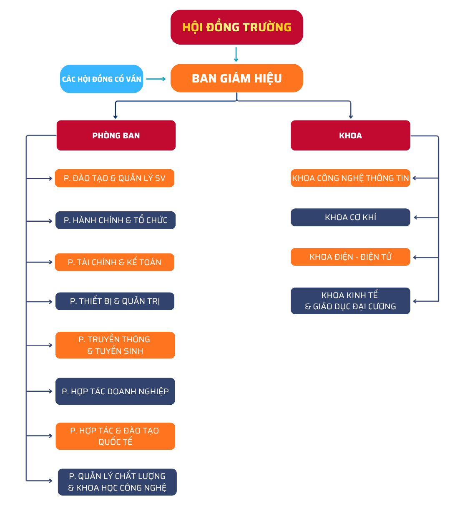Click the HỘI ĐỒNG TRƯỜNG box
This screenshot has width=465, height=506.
click(236, 27)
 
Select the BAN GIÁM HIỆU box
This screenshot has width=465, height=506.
click(236, 78)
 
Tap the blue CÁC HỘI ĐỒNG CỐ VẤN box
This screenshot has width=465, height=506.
click(102, 79)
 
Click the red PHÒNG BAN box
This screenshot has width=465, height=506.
click(116, 135)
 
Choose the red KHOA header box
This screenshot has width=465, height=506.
click(350, 135)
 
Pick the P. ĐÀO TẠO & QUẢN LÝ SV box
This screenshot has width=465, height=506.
click(115, 178)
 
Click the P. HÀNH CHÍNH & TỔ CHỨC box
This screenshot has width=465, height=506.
click(116, 220)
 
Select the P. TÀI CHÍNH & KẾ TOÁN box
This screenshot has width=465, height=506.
click(115, 262)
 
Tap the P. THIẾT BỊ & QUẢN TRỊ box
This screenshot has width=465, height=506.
click(115, 301)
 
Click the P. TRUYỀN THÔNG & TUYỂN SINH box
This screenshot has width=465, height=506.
click(115, 345)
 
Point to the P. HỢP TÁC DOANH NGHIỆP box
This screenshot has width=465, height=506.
click(115, 391)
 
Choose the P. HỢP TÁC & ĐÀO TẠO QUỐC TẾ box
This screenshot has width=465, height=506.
click(115, 436)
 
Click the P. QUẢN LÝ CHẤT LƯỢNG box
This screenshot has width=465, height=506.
click(117, 482)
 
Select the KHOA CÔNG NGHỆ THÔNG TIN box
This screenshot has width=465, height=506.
click(350, 178)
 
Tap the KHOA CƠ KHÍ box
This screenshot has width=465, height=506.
click(350, 217)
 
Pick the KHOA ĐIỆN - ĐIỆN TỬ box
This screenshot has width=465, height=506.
click(350, 257)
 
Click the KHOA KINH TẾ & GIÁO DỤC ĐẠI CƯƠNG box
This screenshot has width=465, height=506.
click(350, 301)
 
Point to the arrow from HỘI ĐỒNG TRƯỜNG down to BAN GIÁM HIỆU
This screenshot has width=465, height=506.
click(236, 55)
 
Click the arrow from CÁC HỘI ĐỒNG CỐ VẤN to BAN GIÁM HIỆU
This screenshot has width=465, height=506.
click(156, 79)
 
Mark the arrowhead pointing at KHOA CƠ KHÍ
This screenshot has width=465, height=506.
click(415, 218)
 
